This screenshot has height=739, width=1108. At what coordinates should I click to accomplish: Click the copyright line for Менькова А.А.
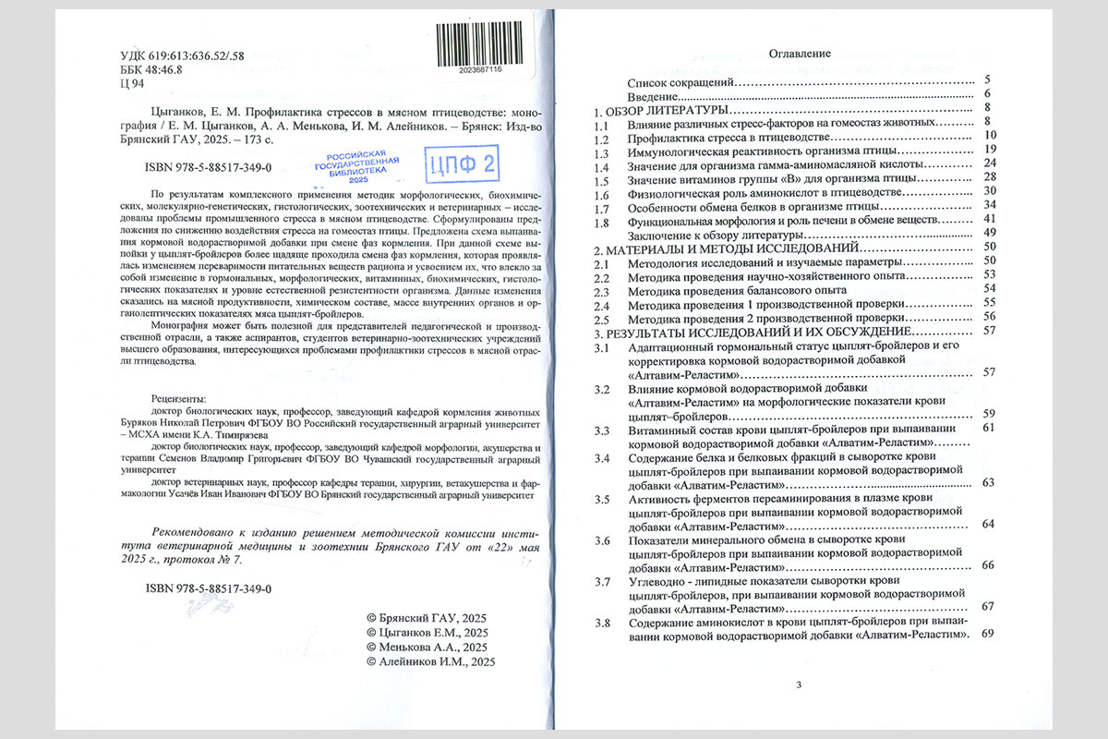426,648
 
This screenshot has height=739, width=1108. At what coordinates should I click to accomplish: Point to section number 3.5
602,500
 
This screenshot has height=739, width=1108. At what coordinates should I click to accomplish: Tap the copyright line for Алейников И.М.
431,662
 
